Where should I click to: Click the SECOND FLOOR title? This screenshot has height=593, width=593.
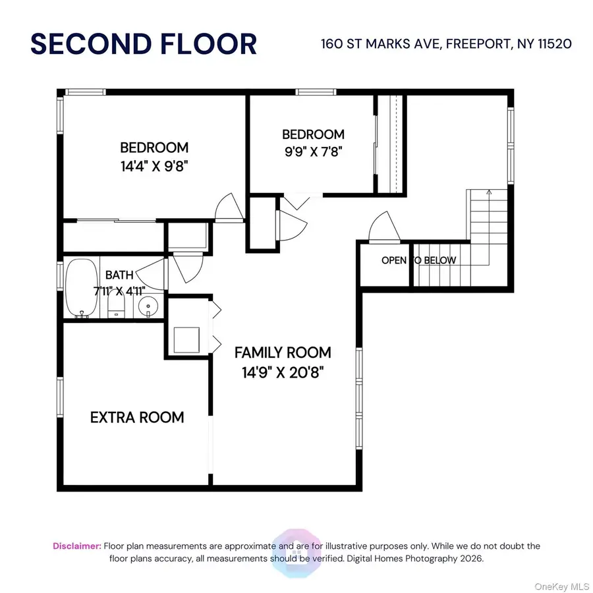point(144,44)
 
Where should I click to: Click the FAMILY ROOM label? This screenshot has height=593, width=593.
point(283,353)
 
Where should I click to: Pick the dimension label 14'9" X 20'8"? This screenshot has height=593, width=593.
point(283,372)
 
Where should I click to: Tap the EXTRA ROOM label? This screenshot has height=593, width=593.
point(137,417)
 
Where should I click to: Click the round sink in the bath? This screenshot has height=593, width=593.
point(150,306)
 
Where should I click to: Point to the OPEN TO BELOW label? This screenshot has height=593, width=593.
point(418,260)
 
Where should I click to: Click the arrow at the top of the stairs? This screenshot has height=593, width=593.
point(488,192)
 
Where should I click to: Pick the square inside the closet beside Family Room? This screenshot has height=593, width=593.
point(187,339)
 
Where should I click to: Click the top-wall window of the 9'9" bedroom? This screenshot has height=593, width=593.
point(307,92)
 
